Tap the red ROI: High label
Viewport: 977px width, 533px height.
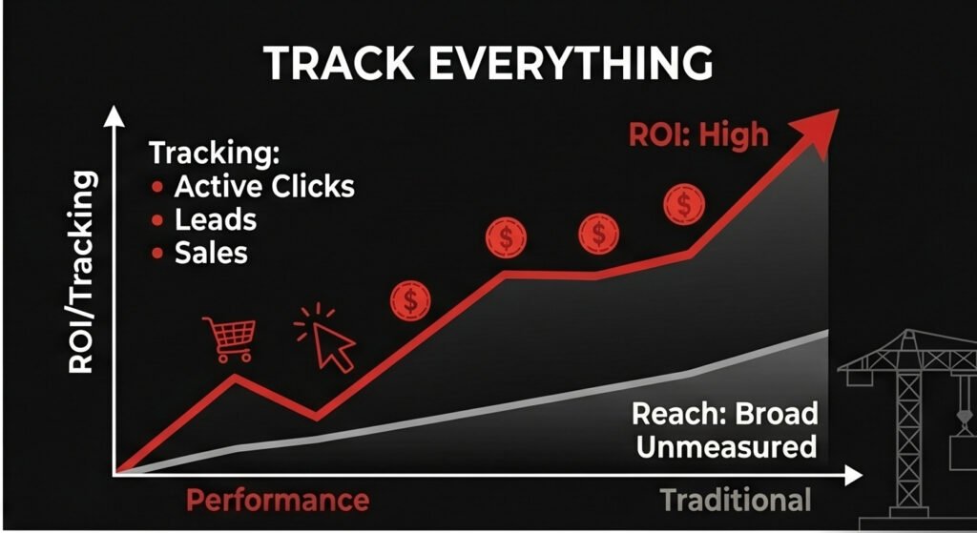pos(697,134)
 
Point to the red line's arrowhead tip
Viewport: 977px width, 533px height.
pos(837,111)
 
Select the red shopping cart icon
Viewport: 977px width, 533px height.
pos(229,338)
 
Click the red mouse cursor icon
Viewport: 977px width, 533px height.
pos(326,338)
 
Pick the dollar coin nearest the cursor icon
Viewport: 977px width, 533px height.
pos(410,301)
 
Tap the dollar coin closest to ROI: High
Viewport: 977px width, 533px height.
pos(683,203)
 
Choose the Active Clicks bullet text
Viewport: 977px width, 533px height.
pos(264,186)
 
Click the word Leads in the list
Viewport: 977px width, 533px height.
pos(216,219)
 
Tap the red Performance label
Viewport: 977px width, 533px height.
pos(277,500)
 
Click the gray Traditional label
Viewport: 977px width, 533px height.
pos(735,500)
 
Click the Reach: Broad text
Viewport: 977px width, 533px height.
pos(725,415)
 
